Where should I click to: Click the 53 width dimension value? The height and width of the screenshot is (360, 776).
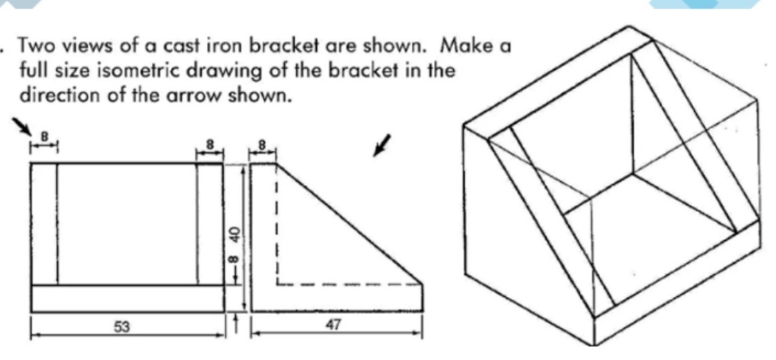click(x=123, y=326)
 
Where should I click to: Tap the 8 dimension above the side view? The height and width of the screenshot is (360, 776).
click(x=262, y=143)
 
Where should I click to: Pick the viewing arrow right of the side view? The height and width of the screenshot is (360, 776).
click(x=380, y=146)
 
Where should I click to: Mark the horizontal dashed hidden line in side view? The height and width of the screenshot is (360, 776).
click(x=349, y=284)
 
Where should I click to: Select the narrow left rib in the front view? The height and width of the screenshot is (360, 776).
click(x=44, y=224)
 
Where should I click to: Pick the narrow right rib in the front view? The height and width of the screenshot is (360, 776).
click(x=210, y=224)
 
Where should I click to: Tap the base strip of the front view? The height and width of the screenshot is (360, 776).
click(x=126, y=298)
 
